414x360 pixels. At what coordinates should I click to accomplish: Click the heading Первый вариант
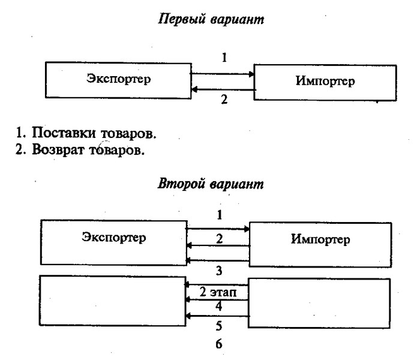[211, 19]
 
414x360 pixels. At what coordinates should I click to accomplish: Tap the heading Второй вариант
[211, 184]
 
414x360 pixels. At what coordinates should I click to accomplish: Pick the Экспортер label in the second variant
[114, 237]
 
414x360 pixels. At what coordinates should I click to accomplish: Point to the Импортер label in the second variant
[320, 239]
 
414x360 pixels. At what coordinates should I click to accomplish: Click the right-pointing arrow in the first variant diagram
[223, 74]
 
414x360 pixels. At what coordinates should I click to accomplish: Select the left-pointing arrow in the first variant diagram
[223, 90]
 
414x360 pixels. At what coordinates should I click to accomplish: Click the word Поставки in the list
[64, 133]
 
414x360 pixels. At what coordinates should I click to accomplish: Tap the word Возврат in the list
[59, 150]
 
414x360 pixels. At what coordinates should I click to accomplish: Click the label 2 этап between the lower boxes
[218, 292]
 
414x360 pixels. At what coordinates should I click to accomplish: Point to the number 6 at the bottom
[219, 344]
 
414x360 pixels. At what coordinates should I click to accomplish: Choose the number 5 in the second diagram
[219, 326]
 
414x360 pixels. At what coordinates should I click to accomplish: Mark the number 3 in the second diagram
[219, 271]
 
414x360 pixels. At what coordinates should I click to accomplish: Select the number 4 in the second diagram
[219, 307]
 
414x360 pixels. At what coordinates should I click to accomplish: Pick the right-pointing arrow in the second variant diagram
[218, 229]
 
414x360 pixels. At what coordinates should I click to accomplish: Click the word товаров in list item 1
[128, 134]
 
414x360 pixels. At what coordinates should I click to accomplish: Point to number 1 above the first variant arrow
[224, 58]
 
